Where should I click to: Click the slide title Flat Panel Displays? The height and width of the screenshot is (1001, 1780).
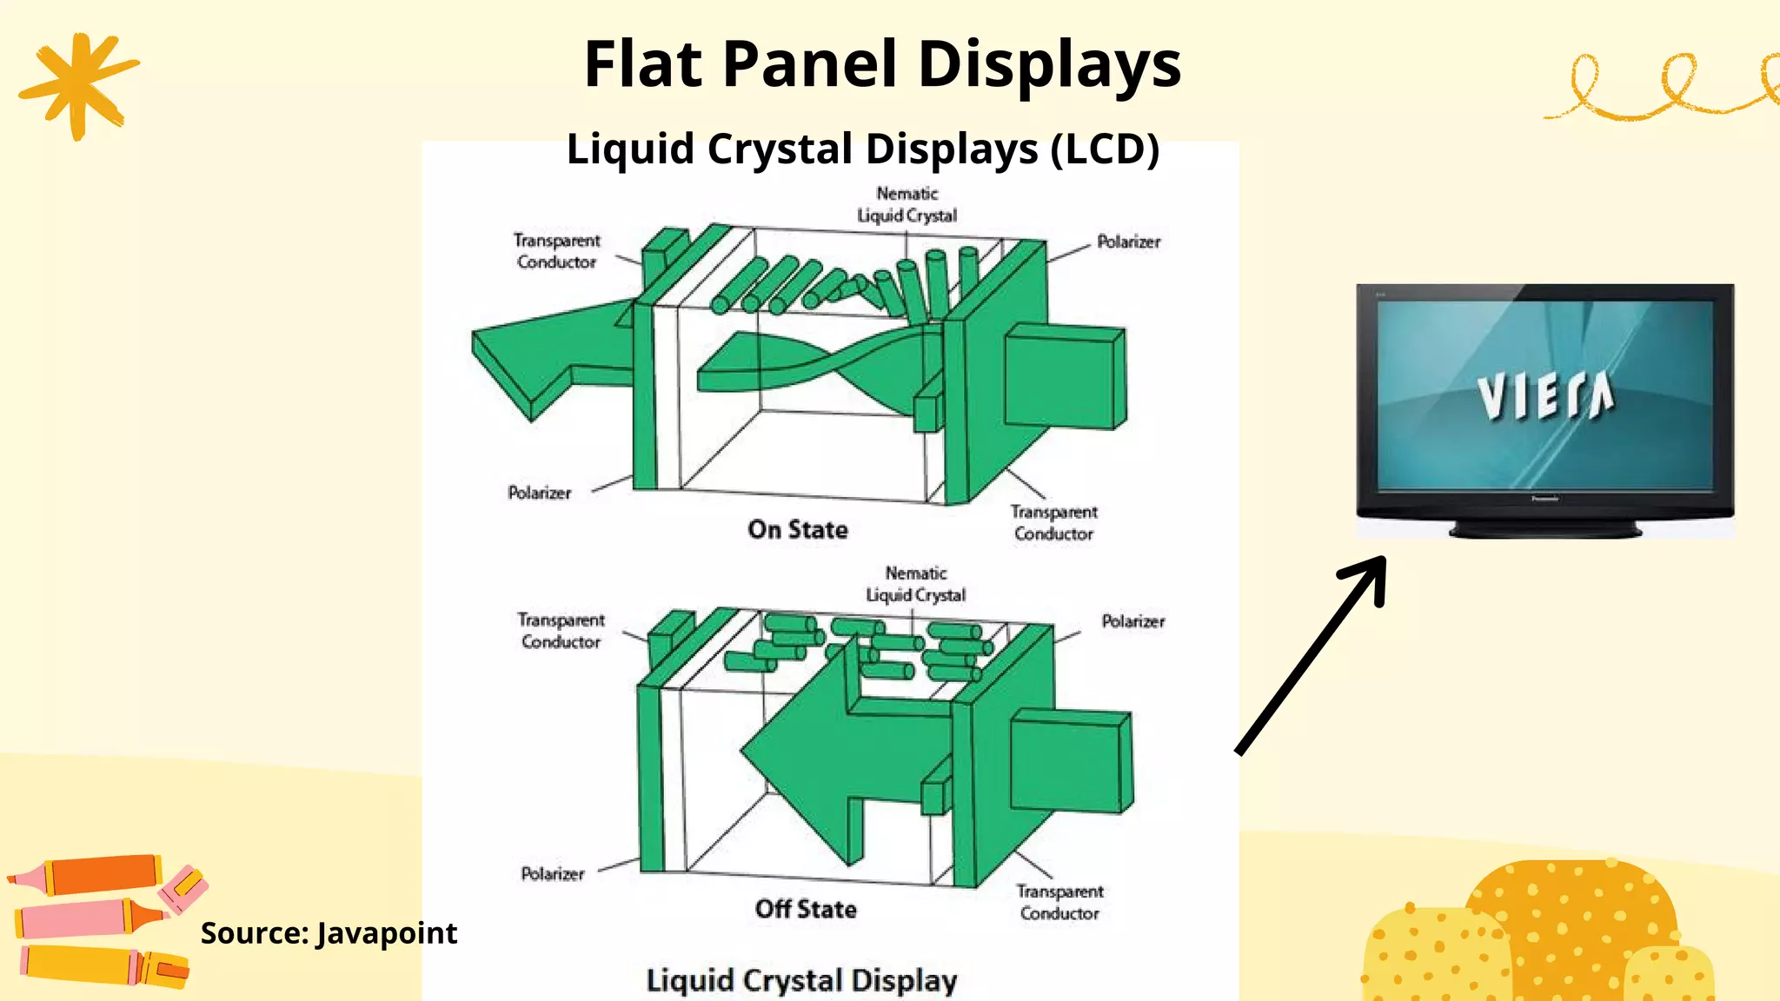[x=882, y=64]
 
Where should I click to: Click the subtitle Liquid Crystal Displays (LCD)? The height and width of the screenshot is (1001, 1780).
[x=862, y=149]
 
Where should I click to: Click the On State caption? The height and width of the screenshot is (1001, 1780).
[x=797, y=529]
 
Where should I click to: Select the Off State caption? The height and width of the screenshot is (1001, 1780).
[x=806, y=909]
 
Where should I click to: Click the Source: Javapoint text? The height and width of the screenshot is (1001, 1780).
[x=329, y=932]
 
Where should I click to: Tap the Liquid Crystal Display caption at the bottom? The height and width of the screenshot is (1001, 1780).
[x=801, y=980]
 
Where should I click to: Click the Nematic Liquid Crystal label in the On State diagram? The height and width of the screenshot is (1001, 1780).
[x=907, y=204]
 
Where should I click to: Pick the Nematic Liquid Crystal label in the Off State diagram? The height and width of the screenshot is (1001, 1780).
[x=915, y=584]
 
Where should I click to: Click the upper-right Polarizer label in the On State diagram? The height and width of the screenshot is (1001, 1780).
[x=1128, y=242]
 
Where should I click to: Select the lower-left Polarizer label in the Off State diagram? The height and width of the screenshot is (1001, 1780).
[x=552, y=873]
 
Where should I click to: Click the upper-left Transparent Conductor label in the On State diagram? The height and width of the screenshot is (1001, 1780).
[x=556, y=251]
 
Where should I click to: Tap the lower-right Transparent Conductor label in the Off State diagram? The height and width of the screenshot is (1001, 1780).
[x=1059, y=902]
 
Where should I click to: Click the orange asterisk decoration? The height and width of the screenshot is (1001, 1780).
[x=78, y=84]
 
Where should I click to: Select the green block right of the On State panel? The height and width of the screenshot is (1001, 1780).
[x=1065, y=377]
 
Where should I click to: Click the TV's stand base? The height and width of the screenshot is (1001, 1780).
[x=1544, y=528]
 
